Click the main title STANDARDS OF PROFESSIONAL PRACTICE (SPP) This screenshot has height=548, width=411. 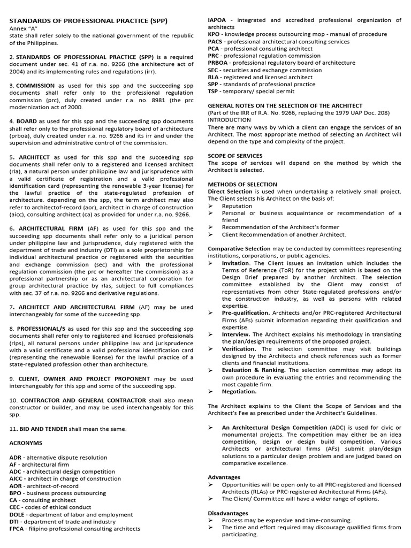(x=88, y=21)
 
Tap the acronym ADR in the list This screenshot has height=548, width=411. (x=17, y=458)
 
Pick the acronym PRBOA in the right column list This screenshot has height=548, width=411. (x=219, y=63)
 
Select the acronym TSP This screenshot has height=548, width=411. (x=213, y=91)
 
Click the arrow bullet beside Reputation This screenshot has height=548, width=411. (x=211, y=206)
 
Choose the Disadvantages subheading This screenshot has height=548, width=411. (x=228, y=513)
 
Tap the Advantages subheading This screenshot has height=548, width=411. (x=224, y=477)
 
